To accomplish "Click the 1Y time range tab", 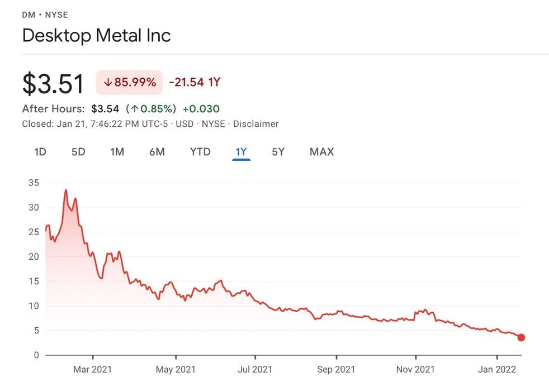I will click(241, 151).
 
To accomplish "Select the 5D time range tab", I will click(78, 151).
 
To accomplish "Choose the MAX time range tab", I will click(321, 151).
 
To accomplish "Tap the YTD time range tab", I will click(200, 151).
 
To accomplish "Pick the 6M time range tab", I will click(157, 151).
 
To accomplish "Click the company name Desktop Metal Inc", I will click(96, 35).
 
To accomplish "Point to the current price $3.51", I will click(53, 83).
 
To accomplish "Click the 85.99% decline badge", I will click(129, 82).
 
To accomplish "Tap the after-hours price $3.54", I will click(105, 108).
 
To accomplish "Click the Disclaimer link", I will click(255, 123).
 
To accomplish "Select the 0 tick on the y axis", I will click(36, 355).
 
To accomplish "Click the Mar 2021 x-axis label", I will click(92, 369).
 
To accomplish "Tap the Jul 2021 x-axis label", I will click(255, 369).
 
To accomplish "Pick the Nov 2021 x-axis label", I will click(416, 369).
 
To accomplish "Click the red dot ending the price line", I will click(521, 337).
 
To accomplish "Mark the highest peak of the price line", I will click(66, 190).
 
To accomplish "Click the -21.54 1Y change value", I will click(195, 82).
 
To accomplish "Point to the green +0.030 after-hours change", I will click(201, 108).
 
